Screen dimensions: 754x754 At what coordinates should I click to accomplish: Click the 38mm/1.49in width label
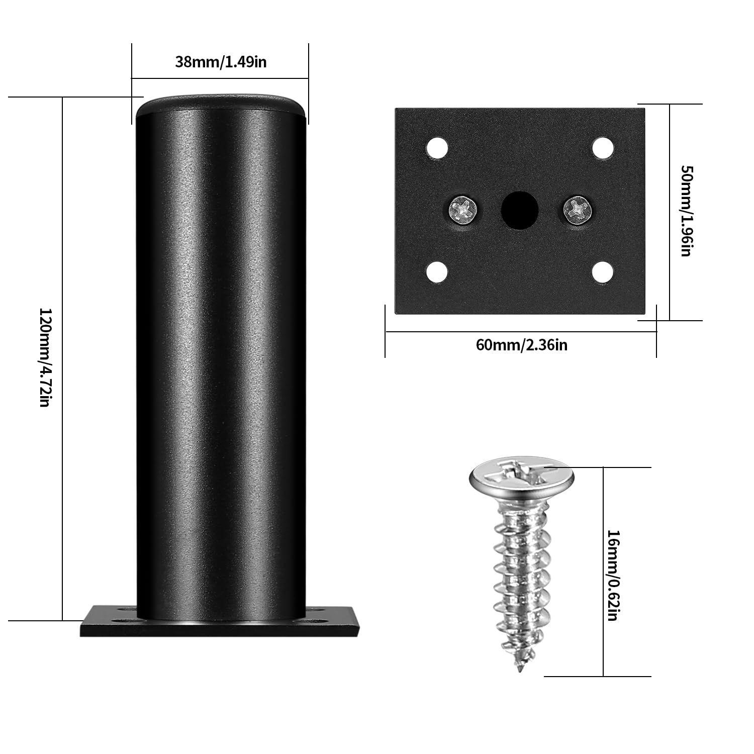pos(221,62)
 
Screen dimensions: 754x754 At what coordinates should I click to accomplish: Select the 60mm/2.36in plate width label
pos(521,345)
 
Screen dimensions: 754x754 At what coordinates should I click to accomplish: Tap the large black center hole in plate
pos(520,210)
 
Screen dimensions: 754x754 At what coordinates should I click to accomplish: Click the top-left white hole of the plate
pos(437,148)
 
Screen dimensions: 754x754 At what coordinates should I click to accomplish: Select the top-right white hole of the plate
pos(603,148)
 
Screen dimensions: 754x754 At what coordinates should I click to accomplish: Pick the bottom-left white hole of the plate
pos(437,272)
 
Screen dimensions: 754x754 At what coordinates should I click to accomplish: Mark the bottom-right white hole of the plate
pos(603,272)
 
